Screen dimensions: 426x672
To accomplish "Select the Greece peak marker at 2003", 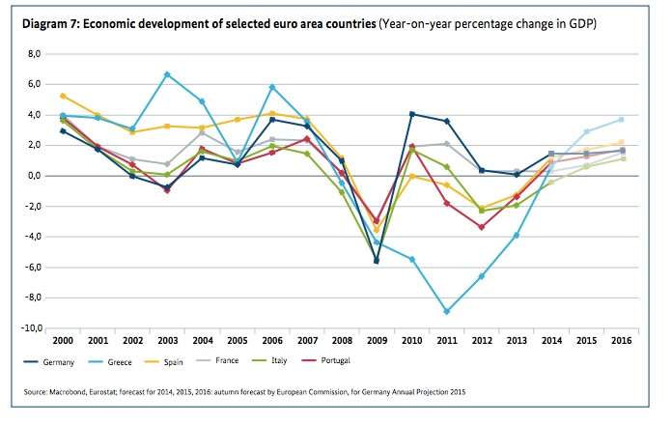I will pos(167,74).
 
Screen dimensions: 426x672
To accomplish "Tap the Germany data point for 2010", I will pos(412,114).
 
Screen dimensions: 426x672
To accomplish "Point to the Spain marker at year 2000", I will pos(62,96).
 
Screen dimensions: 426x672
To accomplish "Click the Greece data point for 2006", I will pos(272,87).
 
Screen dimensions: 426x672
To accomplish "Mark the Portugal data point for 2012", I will pos(480,227).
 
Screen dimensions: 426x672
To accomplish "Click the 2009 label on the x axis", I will pos(378,341).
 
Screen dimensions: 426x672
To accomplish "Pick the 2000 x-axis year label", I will pos(63,341).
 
